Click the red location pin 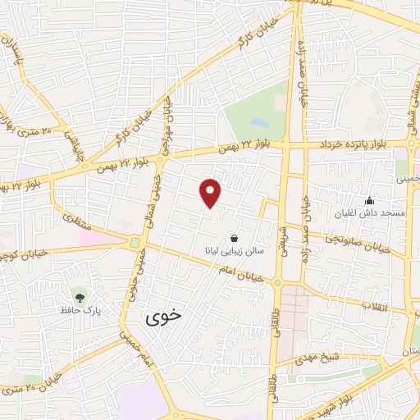pos(211,193)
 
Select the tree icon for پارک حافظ pos(80,296)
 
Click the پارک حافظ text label pos(80,310)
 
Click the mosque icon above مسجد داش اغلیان pos(369,200)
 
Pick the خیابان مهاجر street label pos(167,123)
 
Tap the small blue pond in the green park pos(259,123)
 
